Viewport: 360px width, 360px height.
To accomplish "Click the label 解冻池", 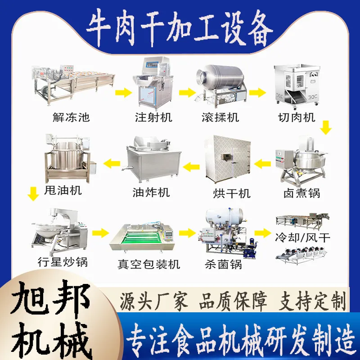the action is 71,117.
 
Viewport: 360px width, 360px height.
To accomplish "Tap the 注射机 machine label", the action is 153,117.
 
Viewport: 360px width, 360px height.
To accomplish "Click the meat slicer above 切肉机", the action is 297,85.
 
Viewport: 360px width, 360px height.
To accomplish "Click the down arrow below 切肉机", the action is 326,127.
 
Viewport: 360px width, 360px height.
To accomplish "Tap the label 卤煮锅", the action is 301,193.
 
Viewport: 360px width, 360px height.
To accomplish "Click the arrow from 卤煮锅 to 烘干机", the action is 262,164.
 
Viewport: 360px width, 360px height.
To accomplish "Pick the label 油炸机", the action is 151,193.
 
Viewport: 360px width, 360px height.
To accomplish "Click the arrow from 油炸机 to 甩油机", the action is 112,163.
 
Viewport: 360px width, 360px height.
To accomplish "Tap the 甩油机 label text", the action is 63,190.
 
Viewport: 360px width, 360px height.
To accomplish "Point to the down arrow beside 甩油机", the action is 33,194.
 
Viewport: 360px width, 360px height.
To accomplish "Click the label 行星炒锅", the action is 63,262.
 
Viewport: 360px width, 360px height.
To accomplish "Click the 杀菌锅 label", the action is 223,264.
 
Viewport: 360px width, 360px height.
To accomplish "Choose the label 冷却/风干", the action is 302,237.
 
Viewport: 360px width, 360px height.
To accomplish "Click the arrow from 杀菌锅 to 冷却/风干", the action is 263,233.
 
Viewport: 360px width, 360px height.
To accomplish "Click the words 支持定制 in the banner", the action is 312,301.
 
